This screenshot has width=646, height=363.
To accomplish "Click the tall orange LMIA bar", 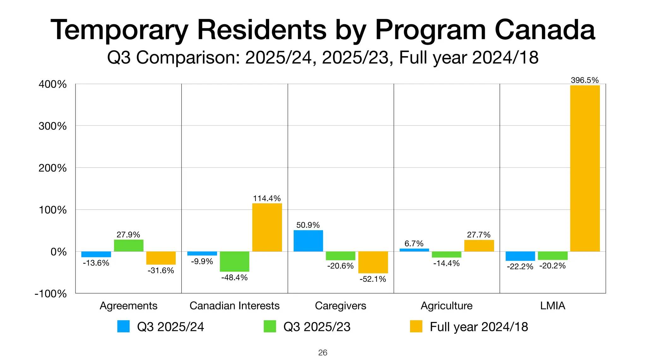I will (585, 168).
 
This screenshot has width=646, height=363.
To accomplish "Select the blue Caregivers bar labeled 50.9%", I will (308, 241).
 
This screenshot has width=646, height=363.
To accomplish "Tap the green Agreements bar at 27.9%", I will (129, 245).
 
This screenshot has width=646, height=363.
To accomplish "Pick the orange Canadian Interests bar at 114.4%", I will (267, 227).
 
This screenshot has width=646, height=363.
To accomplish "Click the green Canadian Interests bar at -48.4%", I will (234, 261).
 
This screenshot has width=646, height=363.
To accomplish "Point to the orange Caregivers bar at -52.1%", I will (373, 262).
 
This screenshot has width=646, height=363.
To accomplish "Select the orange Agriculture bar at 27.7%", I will (479, 245).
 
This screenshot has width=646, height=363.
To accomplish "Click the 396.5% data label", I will (584, 80).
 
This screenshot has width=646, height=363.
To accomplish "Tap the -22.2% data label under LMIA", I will (520, 267).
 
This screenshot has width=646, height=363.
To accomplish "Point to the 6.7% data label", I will (414, 244).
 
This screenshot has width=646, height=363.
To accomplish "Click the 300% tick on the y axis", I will (53, 126).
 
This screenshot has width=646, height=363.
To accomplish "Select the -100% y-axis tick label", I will (51, 294).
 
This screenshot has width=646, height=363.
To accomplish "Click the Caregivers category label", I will (340, 306).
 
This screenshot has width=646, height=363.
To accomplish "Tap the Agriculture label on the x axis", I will (446, 306).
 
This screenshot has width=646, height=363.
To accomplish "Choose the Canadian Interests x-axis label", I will (234, 306).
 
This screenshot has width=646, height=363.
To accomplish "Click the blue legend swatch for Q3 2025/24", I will (123, 326).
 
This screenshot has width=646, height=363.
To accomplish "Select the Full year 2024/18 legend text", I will (479, 327).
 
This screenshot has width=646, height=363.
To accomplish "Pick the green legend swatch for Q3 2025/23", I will (270, 326).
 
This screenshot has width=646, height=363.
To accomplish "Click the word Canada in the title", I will (545, 30).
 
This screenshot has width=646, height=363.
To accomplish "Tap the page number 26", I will (323, 353).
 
